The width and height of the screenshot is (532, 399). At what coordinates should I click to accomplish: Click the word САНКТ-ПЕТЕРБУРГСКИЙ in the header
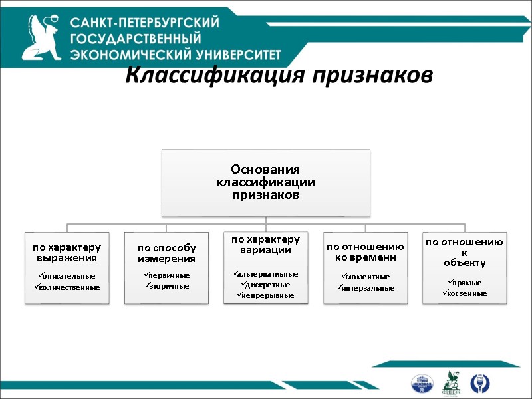coord(145,23)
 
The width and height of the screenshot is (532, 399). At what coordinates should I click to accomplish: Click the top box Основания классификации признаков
coord(265,182)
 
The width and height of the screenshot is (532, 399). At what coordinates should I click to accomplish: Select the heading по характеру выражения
coord(67,252)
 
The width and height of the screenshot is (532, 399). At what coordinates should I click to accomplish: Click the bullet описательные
coord(67,275)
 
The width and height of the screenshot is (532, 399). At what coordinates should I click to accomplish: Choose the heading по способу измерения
coord(166,253)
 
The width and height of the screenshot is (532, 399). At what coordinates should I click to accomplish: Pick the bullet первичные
coord(167,275)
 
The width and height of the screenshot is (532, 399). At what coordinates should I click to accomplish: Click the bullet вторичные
coord(167,286)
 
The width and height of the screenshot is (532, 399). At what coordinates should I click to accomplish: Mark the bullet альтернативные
coord(266,273)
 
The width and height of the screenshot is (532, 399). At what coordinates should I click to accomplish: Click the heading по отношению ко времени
coord(365,252)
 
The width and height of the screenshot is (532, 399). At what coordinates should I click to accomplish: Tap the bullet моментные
coord(365,276)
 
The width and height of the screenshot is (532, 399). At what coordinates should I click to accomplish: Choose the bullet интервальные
coord(366,288)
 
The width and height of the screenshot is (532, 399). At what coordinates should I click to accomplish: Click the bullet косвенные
coord(465,293)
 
